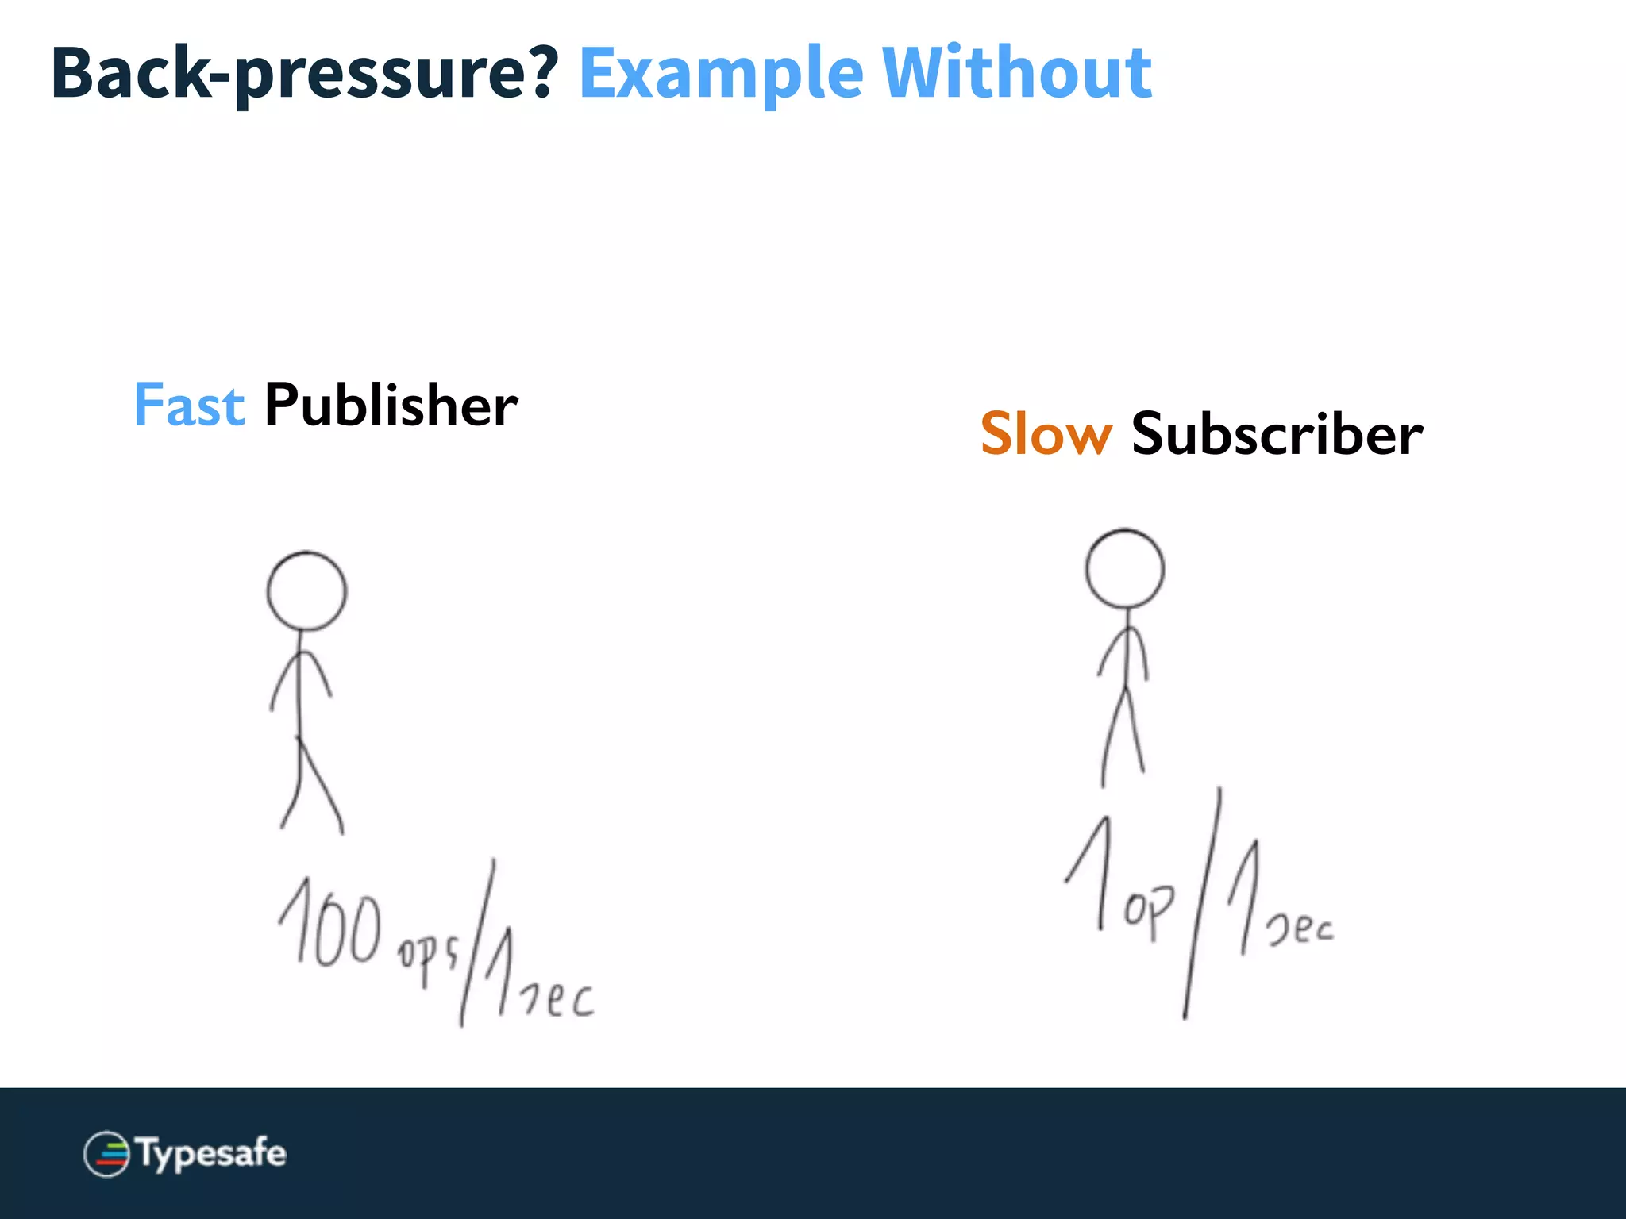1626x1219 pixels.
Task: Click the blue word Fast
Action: coord(189,405)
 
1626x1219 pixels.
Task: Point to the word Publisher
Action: coord(391,405)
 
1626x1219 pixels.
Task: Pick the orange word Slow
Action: coord(1046,434)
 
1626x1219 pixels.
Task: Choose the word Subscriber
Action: coord(1277,434)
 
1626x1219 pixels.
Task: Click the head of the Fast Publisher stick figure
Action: coord(306,591)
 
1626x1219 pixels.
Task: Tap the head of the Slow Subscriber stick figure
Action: coord(1125,569)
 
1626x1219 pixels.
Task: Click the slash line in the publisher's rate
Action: coord(477,943)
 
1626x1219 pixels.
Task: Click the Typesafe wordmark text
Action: coord(211,1153)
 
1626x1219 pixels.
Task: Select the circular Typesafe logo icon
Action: coord(106,1154)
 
